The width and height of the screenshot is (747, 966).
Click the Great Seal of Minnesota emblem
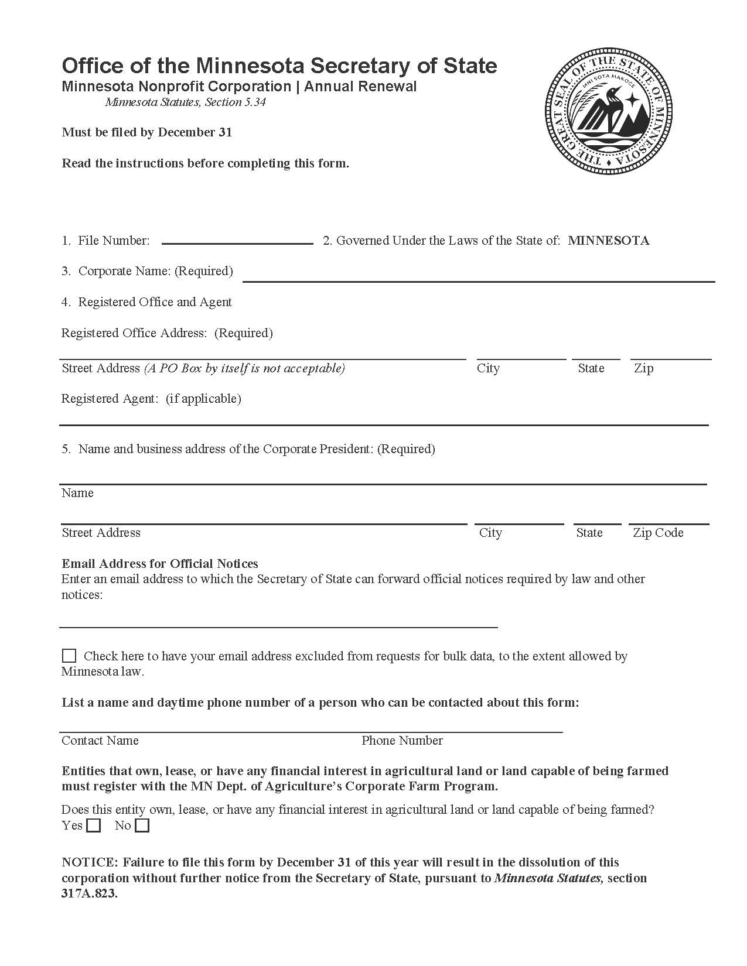click(608, 111)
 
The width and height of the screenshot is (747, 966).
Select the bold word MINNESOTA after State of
click(608, 241)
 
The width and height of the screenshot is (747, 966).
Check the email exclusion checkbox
click(69, 656)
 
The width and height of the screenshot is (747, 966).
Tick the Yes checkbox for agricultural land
click(93, 826)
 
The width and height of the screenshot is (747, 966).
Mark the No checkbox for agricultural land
click(142, 826)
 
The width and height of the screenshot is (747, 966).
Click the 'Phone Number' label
click(402, 741)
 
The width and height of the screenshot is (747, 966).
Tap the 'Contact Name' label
click(100, 741)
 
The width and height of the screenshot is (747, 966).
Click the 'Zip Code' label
click(657, 533)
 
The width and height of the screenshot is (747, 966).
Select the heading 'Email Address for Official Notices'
click(160, 564)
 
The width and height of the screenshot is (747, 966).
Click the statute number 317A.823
click(90, 894)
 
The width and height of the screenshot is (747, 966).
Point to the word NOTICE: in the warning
click(90, 862)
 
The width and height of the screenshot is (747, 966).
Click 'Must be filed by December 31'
click(147, 132)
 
